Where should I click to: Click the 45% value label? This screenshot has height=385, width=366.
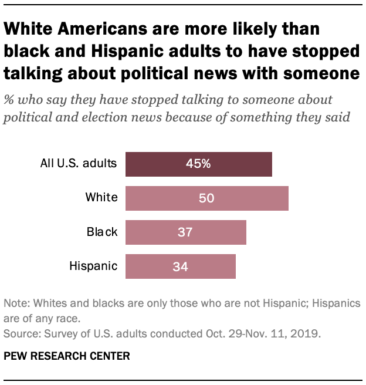[199, 164]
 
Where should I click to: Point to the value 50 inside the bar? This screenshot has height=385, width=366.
[206, 198]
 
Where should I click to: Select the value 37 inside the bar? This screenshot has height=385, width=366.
[185, 232]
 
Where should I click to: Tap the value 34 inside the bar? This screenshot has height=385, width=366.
[180, 266]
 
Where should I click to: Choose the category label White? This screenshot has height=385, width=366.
[101, 198]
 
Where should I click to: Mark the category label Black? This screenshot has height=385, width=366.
[102, 232]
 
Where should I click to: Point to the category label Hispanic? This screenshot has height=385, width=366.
[93, 266]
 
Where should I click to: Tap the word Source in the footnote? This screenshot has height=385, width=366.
[19, 335]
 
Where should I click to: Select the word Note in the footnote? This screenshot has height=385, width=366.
[16, 304]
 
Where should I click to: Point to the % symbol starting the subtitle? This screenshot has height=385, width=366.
[9, 99]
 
